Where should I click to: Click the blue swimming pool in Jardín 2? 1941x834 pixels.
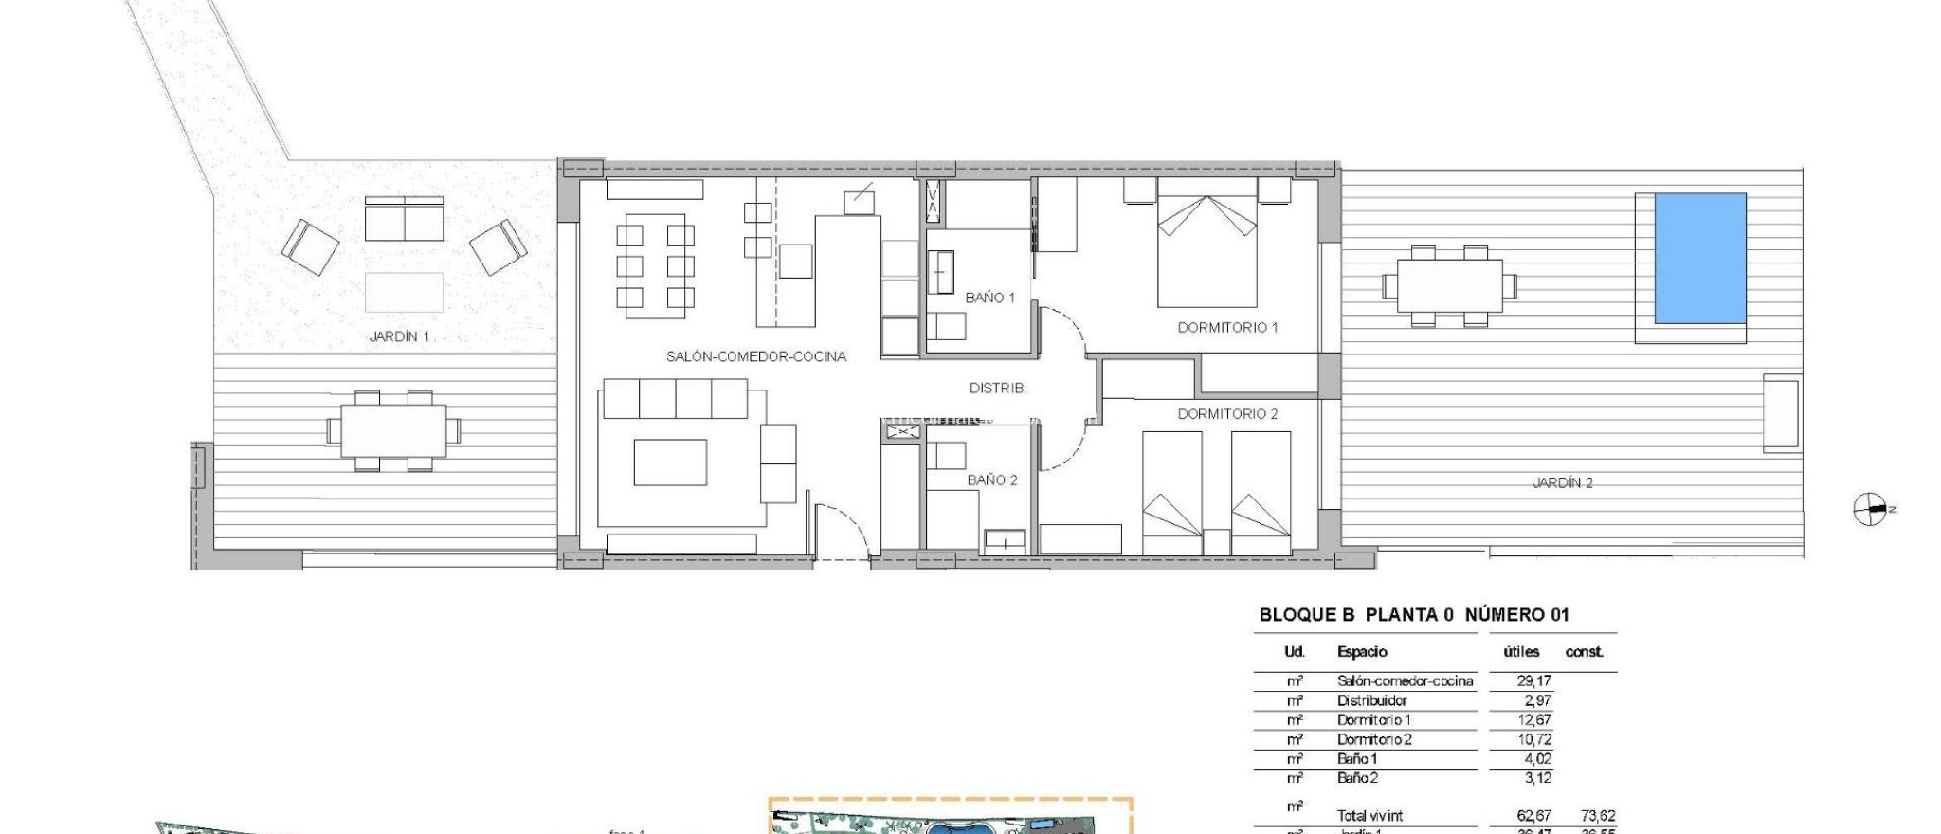(1700, 258)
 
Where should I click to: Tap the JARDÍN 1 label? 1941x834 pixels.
(399, 336)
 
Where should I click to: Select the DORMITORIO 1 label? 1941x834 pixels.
(1227, 327)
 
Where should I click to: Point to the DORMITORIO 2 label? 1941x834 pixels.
(1227, 414)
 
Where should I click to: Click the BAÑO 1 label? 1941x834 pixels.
(989, 298)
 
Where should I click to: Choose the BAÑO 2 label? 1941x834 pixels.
(991, 480)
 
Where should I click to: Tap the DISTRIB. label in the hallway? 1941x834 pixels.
(997, 388)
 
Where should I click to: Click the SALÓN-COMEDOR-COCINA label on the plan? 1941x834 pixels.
(755, 356)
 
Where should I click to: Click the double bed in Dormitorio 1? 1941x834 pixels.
(1206, 251)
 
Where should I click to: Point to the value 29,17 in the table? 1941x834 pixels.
(1533, 681)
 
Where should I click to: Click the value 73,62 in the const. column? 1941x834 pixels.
(1598, 816)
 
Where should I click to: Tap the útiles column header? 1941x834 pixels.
(1521, 652)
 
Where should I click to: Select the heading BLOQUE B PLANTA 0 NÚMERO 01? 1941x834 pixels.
(1413, 615)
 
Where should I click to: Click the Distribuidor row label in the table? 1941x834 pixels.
(1371, 701)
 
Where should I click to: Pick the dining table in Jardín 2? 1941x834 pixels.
(1448, 285)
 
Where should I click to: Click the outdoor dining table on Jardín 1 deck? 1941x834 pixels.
(393, 431)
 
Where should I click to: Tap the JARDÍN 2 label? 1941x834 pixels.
(1562, 482)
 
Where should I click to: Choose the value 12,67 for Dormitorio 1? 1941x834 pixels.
(1533, 720)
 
